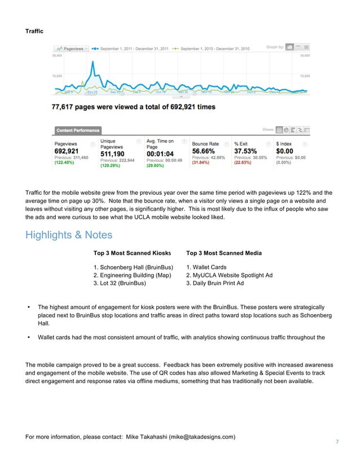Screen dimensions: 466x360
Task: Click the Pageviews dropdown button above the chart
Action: [72, 49]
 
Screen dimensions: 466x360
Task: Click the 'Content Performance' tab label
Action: [77, 130]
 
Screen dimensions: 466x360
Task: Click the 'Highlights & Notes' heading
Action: [69, 235]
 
